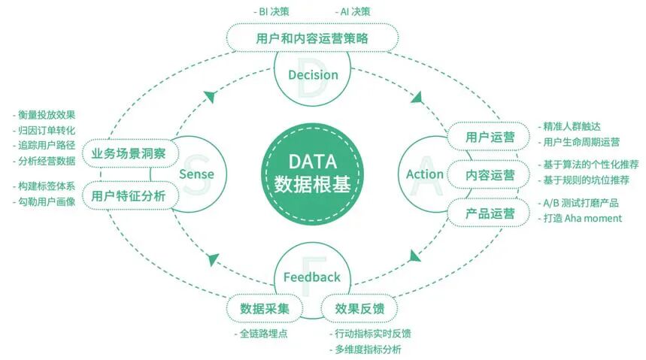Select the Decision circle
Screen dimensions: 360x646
[313, 75]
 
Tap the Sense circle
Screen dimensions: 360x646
[197, 174]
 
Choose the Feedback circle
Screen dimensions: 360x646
[311, 277]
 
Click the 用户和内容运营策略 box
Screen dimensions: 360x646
[312, 37]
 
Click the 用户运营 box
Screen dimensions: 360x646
[490, 137]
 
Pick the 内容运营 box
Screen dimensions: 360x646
[490, 174]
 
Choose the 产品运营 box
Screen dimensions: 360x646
[490, 213]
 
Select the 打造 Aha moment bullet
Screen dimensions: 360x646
[583, 218]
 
